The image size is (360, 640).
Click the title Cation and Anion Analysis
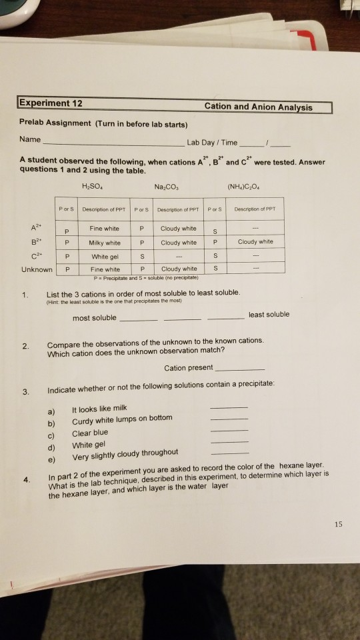258,107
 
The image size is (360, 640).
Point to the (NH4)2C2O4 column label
256,186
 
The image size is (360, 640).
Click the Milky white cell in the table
105,242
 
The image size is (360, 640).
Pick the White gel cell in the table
105,255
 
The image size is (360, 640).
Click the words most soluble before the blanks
94,318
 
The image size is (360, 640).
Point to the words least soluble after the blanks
269,314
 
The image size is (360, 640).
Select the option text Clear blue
91,432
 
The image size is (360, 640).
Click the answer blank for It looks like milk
228,407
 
